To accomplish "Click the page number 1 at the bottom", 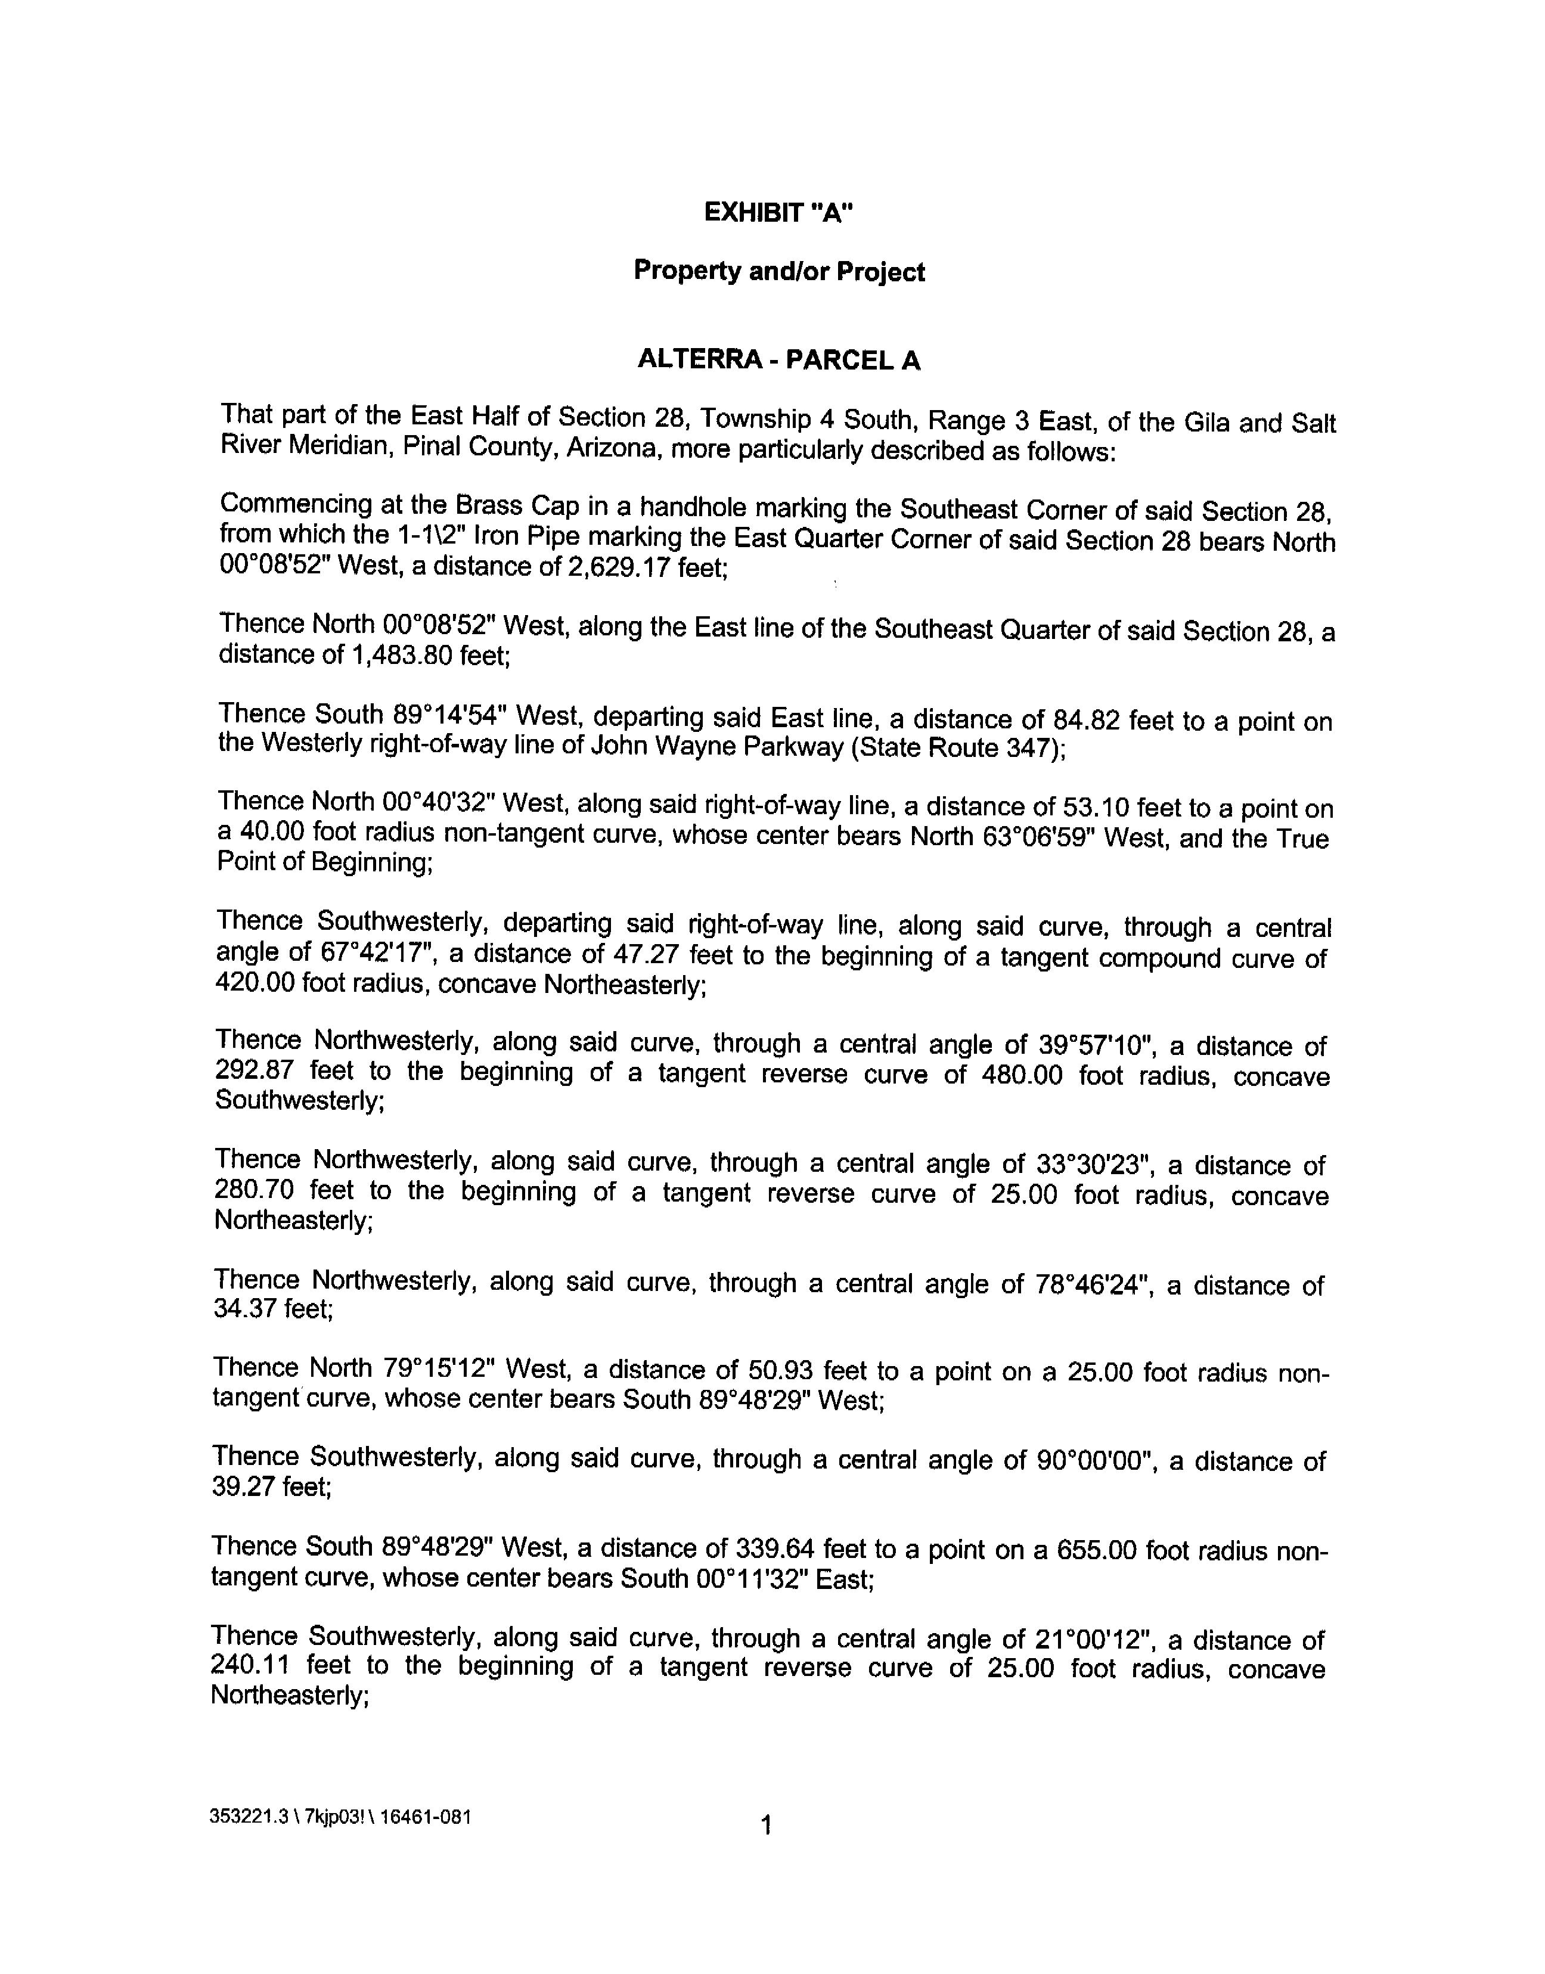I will pos(766,1826).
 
